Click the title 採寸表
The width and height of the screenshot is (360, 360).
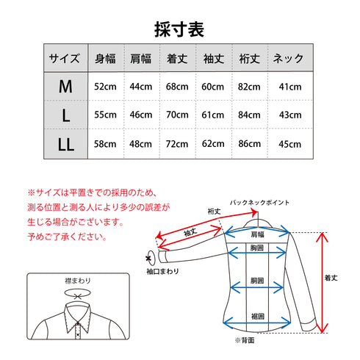[x=179, y=29]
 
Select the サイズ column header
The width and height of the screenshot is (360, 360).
[x=65, y=58]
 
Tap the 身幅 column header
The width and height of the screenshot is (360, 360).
[x=105, y=58]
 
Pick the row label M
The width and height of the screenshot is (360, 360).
[x=65, y=87]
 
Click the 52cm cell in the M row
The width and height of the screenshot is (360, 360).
[x=105, y=87]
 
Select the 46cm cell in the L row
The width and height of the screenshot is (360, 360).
[x=141, y=115]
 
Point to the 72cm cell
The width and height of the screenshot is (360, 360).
[x=177, y=144]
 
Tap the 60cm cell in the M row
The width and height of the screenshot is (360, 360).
[x=213, y=87]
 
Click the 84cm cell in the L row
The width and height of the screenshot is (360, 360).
[x=249, y=115]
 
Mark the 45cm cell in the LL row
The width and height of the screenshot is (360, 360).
[x=290, y=144]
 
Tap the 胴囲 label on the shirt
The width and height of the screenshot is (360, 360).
[x=257, y=281]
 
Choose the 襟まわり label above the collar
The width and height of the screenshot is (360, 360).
[x=76, y=281]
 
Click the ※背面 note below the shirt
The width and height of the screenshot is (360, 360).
[x=243, y=342]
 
